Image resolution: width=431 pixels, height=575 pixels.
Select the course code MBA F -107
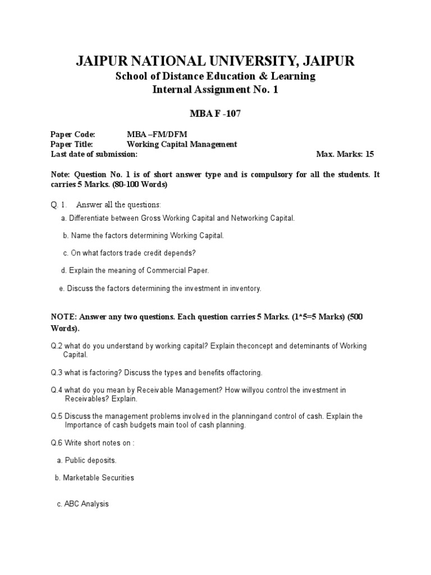(x=215, y=115)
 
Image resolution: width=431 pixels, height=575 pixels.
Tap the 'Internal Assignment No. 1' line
(x=215, y=90)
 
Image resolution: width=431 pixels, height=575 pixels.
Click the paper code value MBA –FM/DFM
(x=157, y=135)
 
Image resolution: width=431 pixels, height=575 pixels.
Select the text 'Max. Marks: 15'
(x=345, y=154)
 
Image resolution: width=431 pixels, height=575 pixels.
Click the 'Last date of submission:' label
(x=94, y=154)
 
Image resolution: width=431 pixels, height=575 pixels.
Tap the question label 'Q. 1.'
(x=59, y=204)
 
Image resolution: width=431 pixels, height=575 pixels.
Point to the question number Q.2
(x=56, y=346)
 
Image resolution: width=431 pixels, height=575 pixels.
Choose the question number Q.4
(x=56, y=390)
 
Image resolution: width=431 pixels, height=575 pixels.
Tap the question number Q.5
(x=56, y=417)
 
